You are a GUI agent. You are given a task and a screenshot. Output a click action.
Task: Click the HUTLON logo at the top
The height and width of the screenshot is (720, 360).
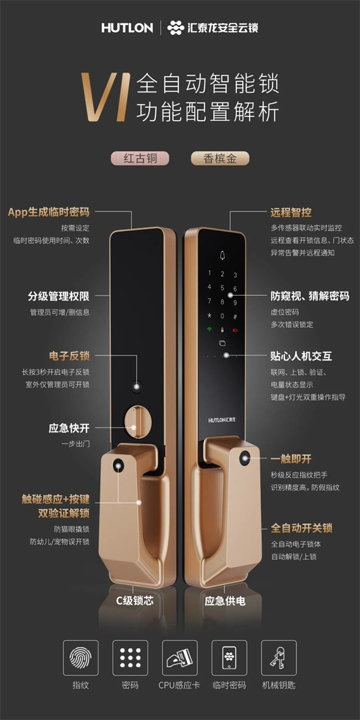[126, 28]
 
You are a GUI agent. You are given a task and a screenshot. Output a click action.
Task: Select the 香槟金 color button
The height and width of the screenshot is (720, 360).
[220, 158]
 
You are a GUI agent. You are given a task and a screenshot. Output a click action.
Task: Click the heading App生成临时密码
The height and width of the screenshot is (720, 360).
[49, 212]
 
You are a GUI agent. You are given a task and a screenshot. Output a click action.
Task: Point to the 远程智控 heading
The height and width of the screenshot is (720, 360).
[291, 212]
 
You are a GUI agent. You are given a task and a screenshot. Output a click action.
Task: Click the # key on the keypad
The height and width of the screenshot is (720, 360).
[235, 316]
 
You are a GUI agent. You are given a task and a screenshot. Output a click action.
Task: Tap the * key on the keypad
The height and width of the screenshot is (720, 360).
[209, 316]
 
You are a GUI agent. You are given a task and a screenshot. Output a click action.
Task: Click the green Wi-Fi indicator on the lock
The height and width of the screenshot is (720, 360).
[210, 329]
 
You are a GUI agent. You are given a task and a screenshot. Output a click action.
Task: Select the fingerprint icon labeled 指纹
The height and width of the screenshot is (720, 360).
[81, 658]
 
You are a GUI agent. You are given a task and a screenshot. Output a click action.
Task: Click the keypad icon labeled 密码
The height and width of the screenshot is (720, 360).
[130, 658]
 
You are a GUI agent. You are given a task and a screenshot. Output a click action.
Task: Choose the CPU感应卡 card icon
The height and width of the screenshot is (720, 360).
[179, 658]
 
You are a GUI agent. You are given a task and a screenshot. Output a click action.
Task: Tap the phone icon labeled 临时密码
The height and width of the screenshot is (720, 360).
[229, 658]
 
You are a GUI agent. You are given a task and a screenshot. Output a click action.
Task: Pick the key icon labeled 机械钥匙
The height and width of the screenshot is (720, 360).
[278, 658]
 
